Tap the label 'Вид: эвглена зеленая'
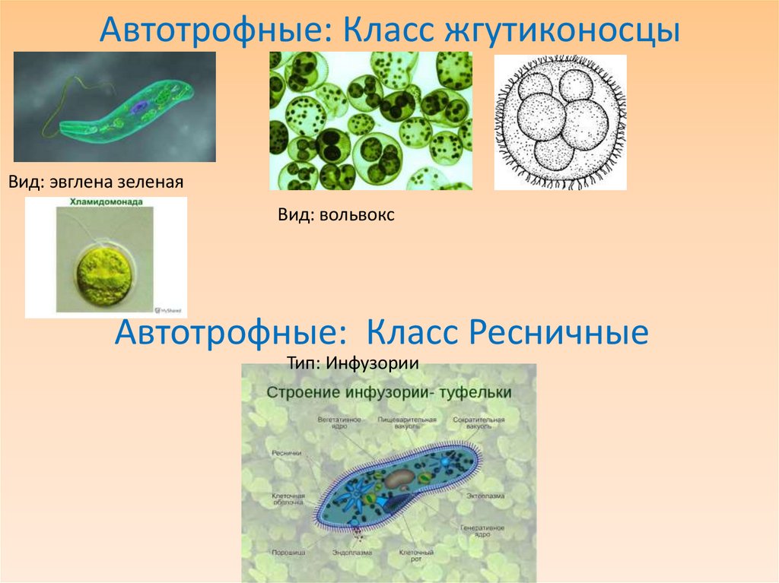[x=97, y=182]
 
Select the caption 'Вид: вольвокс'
[x=335, y=215]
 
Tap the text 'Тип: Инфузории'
[x=353, y=362]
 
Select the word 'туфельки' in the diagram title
[x=477, y=392]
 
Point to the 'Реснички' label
[x=287, y=453]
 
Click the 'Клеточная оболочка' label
[x=289, y=499]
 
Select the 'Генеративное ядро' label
[x=482, y=531]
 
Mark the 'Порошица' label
[x=288, y=553]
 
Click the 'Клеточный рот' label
[x=417, y=556]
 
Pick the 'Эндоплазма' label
[x=350, y=553]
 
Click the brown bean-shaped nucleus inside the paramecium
[x=399, y=478]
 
